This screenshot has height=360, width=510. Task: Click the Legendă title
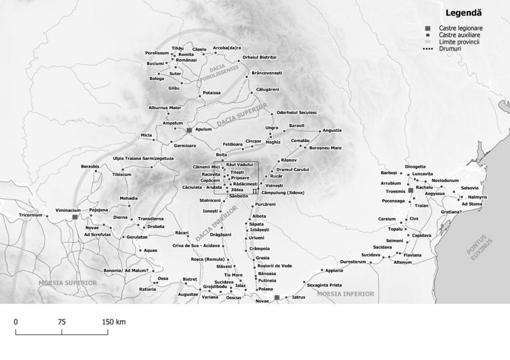(x=463, y=13)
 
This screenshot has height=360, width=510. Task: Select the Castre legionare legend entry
(x=460, y=28)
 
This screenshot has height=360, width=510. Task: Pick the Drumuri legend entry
(x=450, y=48)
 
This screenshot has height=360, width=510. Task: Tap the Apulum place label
(x=203, y=129)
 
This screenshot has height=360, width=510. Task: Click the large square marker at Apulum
(x=189, y=129)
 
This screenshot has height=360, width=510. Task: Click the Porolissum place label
(x=157, y=53)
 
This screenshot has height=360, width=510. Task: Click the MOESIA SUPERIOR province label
(x=67, y=283)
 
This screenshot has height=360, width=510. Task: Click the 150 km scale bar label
(x=114, y=322)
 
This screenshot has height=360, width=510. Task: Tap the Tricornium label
(x=30, y=215)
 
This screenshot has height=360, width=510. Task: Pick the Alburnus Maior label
(x=165, y=108)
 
